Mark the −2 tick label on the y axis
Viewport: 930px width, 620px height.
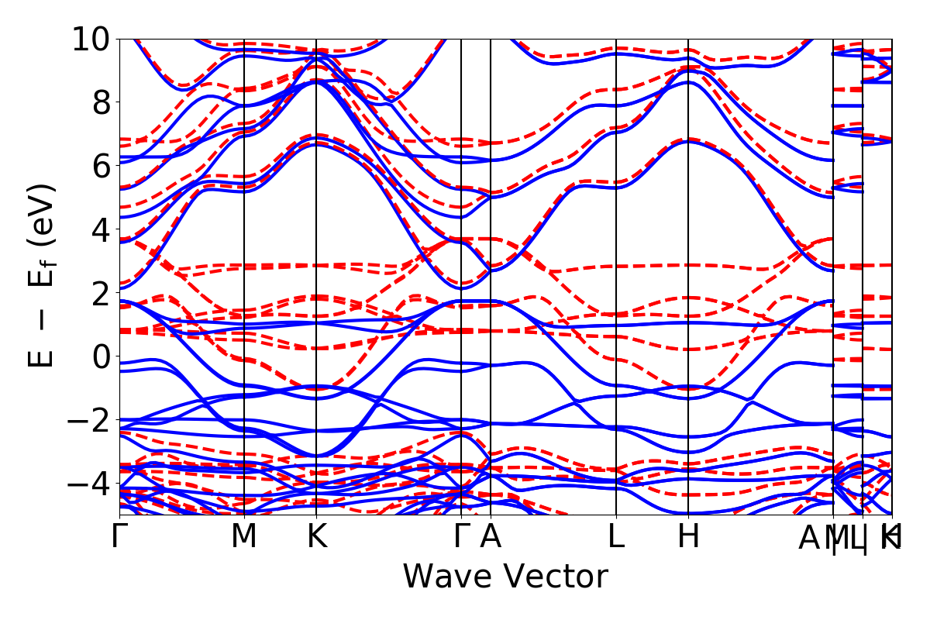coord(84,420)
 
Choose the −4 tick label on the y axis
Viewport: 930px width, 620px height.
coord(84,484)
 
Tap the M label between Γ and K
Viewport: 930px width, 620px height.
coord(244,537)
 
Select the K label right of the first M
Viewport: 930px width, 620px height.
coord(316,537)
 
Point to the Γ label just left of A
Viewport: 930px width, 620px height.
coord(461,537)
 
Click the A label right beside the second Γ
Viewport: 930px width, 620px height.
coord(491,537)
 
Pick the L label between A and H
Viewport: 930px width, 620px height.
coord(616,537)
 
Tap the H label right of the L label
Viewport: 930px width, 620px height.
coord(688,537)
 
